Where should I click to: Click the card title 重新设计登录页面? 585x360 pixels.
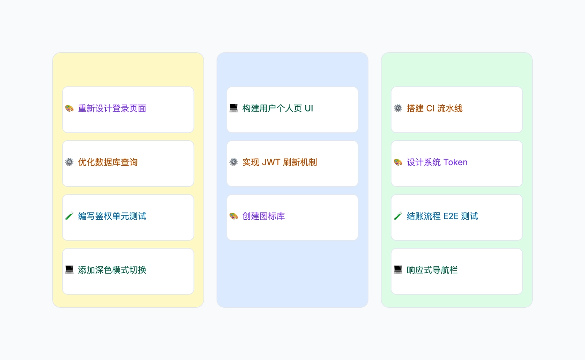pyautogui.click(x=112, y=108)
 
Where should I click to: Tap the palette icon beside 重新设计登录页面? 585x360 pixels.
pyautogui.click(x=69, y=108)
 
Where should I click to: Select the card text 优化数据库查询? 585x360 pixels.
pyautogui.click(x=108, y=162)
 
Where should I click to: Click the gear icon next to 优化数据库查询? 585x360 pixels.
pyautogui.click(x=69, y=162)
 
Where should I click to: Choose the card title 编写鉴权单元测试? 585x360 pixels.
pyautogui.click(x=112, y=216)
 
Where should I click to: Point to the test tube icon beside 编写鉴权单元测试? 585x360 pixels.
pyautogui.click(x=69, y=216)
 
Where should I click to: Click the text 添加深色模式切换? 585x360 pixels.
pyautogui.click(x=112, y=270)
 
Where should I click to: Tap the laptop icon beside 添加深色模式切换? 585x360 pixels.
pyautogui.click(x=69, y=270)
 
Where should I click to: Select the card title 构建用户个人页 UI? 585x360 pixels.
pyautogui.click(x=278, y=108)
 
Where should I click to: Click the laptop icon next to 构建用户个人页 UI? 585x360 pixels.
pyautogui.click(x=234, y=108)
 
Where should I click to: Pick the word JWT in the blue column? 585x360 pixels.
pyautogui.click(x=271, y=162)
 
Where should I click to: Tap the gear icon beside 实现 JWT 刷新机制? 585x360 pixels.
pyautogui.click(x=234, y=162)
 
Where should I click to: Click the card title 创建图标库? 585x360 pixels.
pyautogui.click(x=264, y=216)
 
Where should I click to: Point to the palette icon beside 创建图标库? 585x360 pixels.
pyautogui.click(x=234, y=216)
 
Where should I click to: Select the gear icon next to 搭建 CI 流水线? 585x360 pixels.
pyautogui.click(x=398, y=108)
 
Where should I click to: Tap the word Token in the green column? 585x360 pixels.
pyautogui.click(x=456, y=162)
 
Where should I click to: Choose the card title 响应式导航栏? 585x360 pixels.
pyautogui.click(x=432, y=270)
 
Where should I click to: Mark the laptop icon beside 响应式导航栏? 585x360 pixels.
pyautogui.click(x=398, y=270)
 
